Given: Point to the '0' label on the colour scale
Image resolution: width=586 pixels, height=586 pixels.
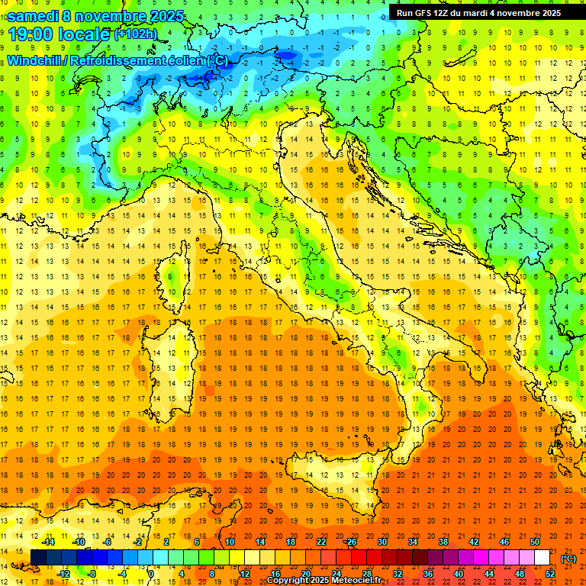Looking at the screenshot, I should (x=151, y=574).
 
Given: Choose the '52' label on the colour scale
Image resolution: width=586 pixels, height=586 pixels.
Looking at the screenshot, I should (x=550, y=574).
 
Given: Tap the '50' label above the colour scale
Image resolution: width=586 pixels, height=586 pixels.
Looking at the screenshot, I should (x=535, y=542).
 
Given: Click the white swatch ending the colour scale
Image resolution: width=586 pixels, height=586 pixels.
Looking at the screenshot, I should (x=542, y=558).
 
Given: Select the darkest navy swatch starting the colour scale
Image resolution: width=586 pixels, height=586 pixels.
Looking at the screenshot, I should (x=38, y=558).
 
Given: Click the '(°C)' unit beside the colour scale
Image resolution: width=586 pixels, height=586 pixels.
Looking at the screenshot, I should (x=568, y=558).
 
